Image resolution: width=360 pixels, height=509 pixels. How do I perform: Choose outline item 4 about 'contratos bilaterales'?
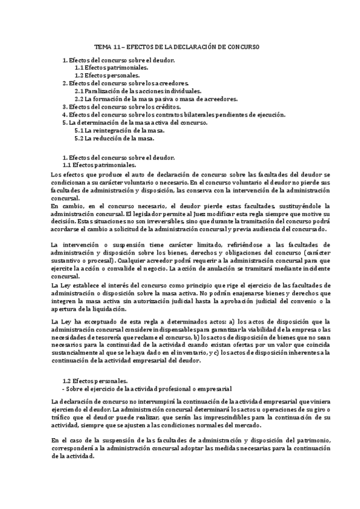(x=174, y=114)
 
